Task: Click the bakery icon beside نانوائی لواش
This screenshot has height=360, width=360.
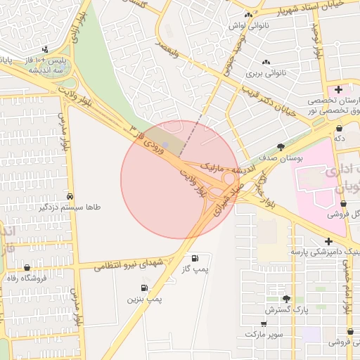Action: click(247, 15)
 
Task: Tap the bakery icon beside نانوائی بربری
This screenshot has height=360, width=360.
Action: click(267, 62)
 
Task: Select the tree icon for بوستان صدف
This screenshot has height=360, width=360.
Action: click(281, 147)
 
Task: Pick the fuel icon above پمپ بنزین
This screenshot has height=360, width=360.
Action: click(144, 288)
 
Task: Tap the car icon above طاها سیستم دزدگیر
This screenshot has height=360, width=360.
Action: click(71, 196)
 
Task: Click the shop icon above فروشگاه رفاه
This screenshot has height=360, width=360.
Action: click(27, 267)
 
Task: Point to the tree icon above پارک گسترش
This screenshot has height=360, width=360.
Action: click(286, 299)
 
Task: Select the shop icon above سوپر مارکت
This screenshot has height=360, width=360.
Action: click(264, 324)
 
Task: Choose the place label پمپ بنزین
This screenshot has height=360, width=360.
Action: click(144, 300)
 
